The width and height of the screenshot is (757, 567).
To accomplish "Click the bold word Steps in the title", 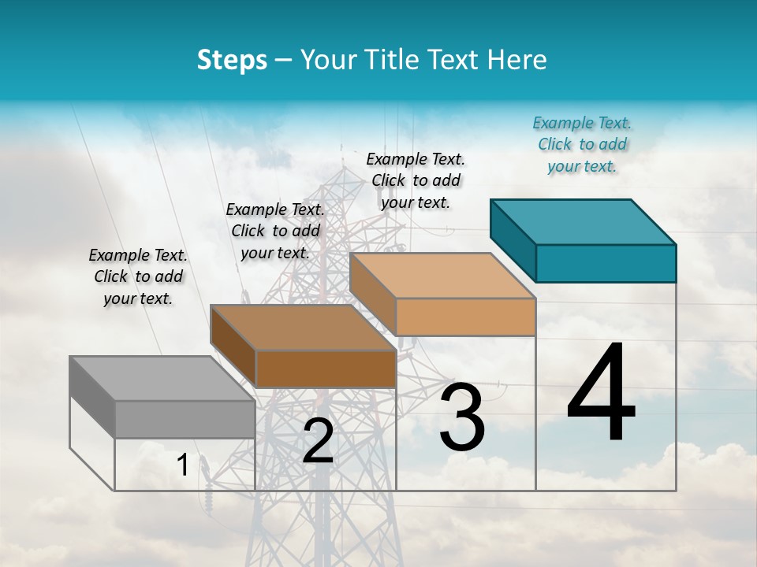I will click(x=232, y=60).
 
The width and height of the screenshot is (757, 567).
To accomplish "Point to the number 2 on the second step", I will click(x=318, y=441).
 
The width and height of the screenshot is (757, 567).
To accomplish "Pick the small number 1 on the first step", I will click(x=183, y=465).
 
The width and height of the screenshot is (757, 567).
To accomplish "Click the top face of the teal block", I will click(x=584, y=222).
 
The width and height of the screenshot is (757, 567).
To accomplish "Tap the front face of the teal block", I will click(x=606, y=263).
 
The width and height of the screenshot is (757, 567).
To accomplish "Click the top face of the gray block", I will click(x=162, y=379).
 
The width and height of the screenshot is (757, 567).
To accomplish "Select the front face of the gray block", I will click(x=185, y=419).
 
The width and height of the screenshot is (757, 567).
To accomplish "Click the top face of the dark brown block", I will click(x=304, y=328).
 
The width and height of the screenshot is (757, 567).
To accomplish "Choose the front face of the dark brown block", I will click(x=326, y=369).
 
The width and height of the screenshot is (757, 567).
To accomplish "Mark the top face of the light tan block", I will click(x=442, y=276).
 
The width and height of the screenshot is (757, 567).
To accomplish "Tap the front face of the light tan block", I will click(x=465, y=317).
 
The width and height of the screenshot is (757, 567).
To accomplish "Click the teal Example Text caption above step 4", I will click(x=582, y=144).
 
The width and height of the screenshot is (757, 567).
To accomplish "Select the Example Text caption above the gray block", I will click(x=138, y=276).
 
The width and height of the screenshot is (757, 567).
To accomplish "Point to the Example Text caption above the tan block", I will click(x=416, y=180).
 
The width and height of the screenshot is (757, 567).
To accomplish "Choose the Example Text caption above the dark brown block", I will click(x=275, y=231).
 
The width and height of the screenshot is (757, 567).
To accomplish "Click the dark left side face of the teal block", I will click(x=513, y=239).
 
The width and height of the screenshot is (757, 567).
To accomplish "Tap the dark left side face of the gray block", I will click(x=92, y=396).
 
